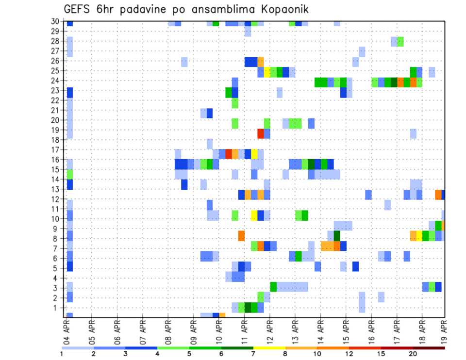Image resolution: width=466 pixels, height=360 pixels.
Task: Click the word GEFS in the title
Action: point(77,10)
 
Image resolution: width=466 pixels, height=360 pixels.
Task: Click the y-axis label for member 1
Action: point(57,308)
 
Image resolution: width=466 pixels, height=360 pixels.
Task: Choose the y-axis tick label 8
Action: point(57,239)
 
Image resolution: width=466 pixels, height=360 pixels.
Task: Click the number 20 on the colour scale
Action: point(413,354)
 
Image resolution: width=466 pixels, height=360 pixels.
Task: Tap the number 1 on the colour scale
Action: point(62,354)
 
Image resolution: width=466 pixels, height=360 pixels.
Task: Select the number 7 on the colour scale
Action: point(253,354)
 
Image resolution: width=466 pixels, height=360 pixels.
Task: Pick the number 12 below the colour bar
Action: point(349,354)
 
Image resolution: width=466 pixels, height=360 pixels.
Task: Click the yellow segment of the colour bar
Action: point(269,347)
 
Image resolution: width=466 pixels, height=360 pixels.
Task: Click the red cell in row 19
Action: point(261,133)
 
